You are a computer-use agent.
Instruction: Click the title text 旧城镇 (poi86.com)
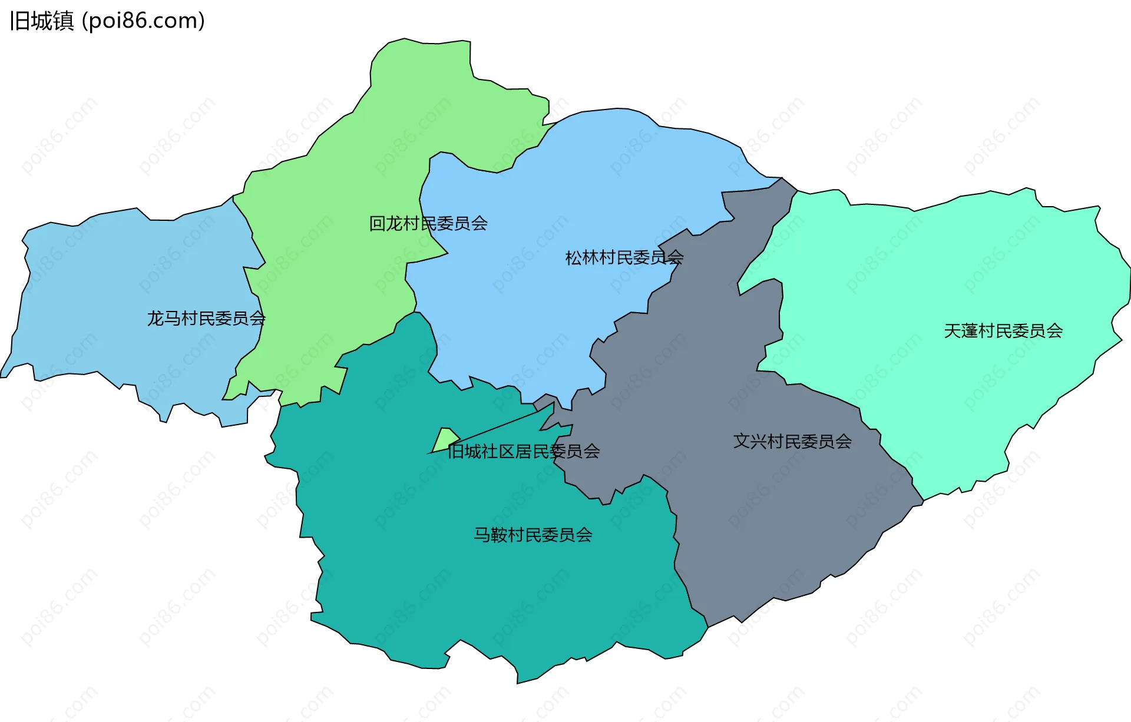point(107,21)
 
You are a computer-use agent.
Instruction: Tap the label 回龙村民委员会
point(428,224)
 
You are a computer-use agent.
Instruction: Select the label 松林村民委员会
point(624,257)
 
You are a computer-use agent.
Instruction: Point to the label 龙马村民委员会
point(206,319)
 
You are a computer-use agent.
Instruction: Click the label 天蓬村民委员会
point(1003,331)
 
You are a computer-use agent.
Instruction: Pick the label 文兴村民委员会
point(792,442)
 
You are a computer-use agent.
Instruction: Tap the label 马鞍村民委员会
point(533,535)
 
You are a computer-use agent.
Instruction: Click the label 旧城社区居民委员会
point(524,452)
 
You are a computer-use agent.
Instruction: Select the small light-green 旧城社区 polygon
point(445,439)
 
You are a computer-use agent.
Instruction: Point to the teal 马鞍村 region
point(471,589)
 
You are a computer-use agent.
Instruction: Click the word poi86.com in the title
point(144,21)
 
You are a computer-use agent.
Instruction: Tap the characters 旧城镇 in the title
point(42,21)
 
